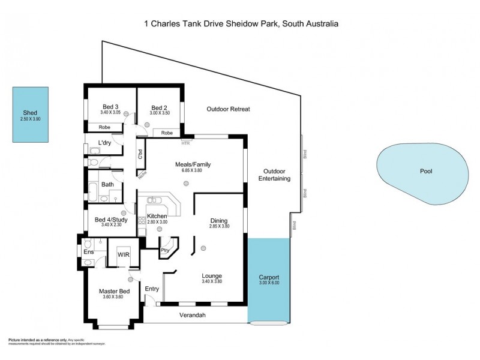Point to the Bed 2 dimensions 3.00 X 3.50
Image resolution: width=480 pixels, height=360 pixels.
[160, 112]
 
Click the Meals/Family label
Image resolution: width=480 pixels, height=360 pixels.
[193, 164]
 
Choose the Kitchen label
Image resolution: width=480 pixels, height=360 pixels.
[157, 216]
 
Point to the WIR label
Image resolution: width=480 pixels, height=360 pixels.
[124, 254]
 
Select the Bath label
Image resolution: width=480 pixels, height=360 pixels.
[107, 184]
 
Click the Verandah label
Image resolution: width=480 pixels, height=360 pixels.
[193, 314]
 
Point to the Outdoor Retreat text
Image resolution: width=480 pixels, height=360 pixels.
[228, 109]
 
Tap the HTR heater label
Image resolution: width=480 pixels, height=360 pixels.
[185, 142]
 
